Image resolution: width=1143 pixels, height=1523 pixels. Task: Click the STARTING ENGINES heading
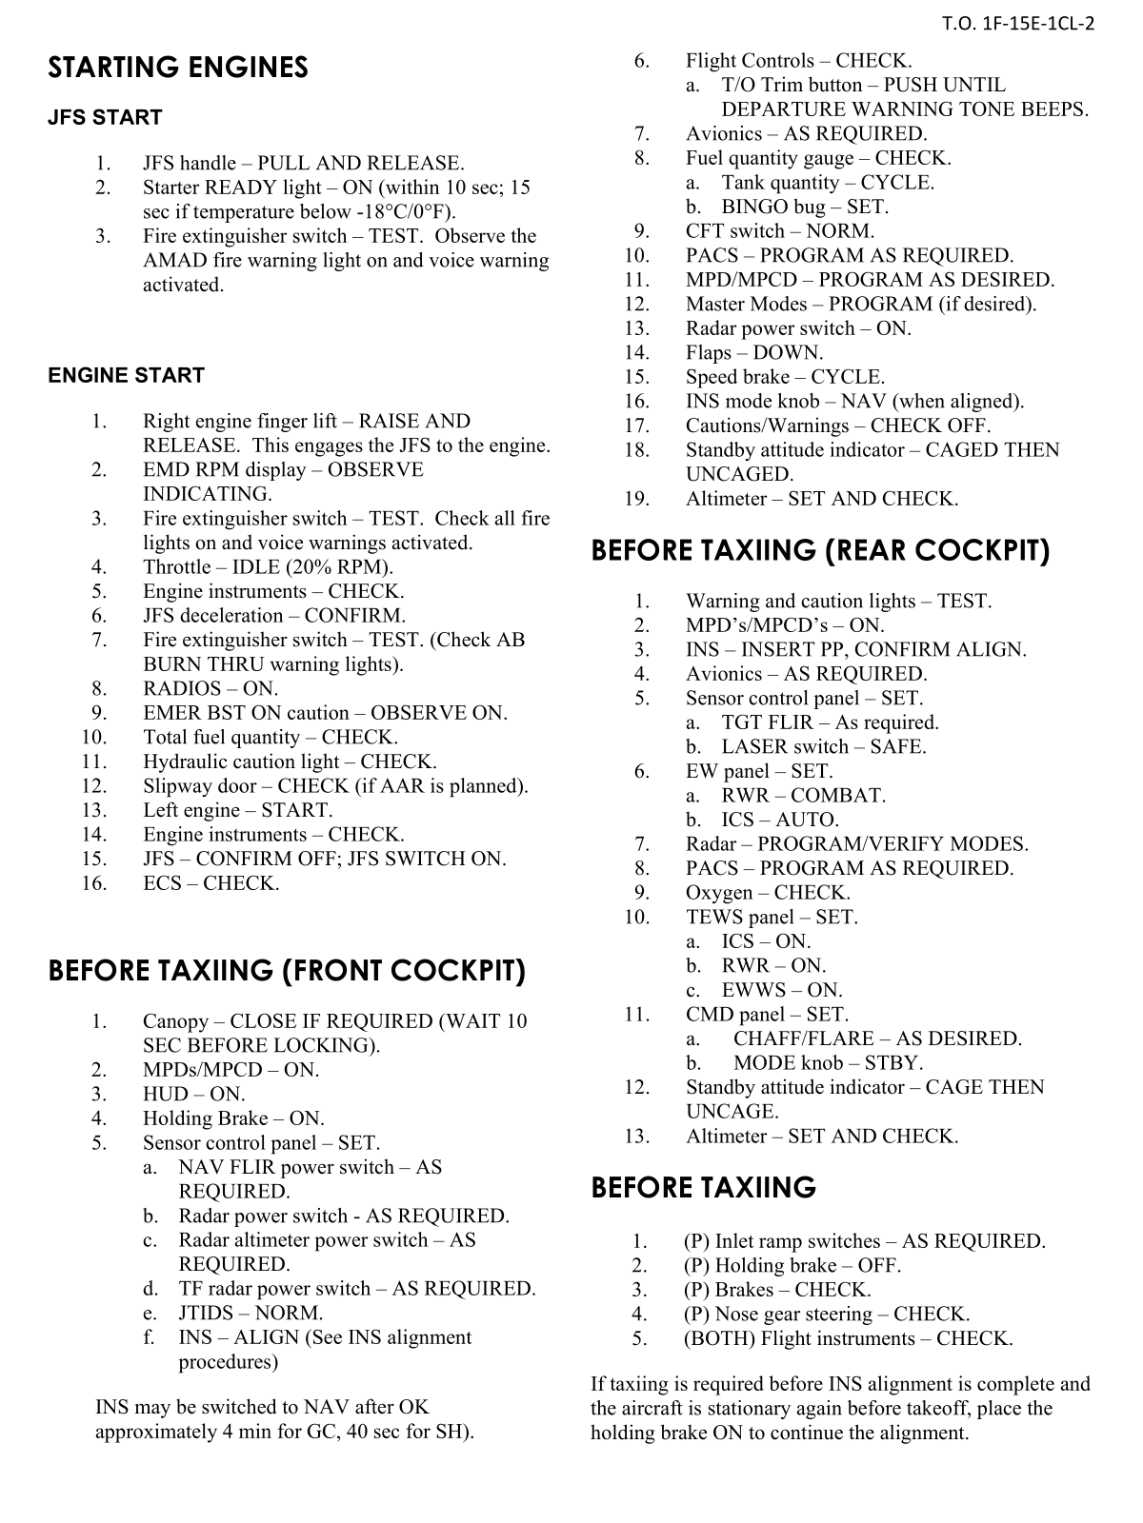pyautogui.click(x=178, y=68)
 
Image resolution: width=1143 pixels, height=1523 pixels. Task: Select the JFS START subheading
pyautogui.click(x=105, y=118)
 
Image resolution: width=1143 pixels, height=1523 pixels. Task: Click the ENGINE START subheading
pyautogui.click(x=126, y=376)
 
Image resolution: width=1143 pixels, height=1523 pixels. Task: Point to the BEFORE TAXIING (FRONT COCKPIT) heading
pyautogui.click(x=287, y=971)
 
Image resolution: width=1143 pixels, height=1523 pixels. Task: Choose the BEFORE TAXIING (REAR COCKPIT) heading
pyautogui.click(x=820, y=551)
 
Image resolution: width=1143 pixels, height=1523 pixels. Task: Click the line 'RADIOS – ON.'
pyautogui.click(x=211, y=688)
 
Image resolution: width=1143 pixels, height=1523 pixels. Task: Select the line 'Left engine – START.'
pyautogui.click(x=237, y=810)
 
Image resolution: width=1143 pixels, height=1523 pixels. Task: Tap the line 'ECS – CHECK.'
pyautogui.click(x=211, y=883)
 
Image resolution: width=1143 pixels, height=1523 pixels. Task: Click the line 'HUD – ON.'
pyautogui.click(x=193, y=1095)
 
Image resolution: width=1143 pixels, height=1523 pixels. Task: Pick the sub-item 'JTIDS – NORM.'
pyautogui.click(x=251, y=1313)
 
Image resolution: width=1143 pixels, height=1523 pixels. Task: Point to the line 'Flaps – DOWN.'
pyautogui.click(x=754, y=352)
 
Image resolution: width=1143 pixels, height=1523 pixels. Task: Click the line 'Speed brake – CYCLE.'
pyautogui.click(x=785, y=377)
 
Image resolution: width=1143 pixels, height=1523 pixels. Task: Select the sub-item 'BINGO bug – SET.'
pyautogui.click(x=804, y=207)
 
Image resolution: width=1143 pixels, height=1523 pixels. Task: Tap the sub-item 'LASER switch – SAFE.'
pyautogui.click(x=823, y=747)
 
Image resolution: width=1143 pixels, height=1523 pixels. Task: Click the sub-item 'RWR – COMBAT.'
pyautogui.click(x=803, y=796)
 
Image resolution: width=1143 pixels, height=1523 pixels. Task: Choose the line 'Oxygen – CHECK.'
pyautogui.click(x=768, y=893)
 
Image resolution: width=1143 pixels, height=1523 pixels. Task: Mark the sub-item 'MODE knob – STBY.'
pyautogui.click(x=828, y=1063)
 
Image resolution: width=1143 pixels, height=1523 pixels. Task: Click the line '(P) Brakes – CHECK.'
pyautogui.click(x=777, y=1290)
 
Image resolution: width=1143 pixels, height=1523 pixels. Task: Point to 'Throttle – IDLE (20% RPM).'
pyautogui.click(x=268, y=567)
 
